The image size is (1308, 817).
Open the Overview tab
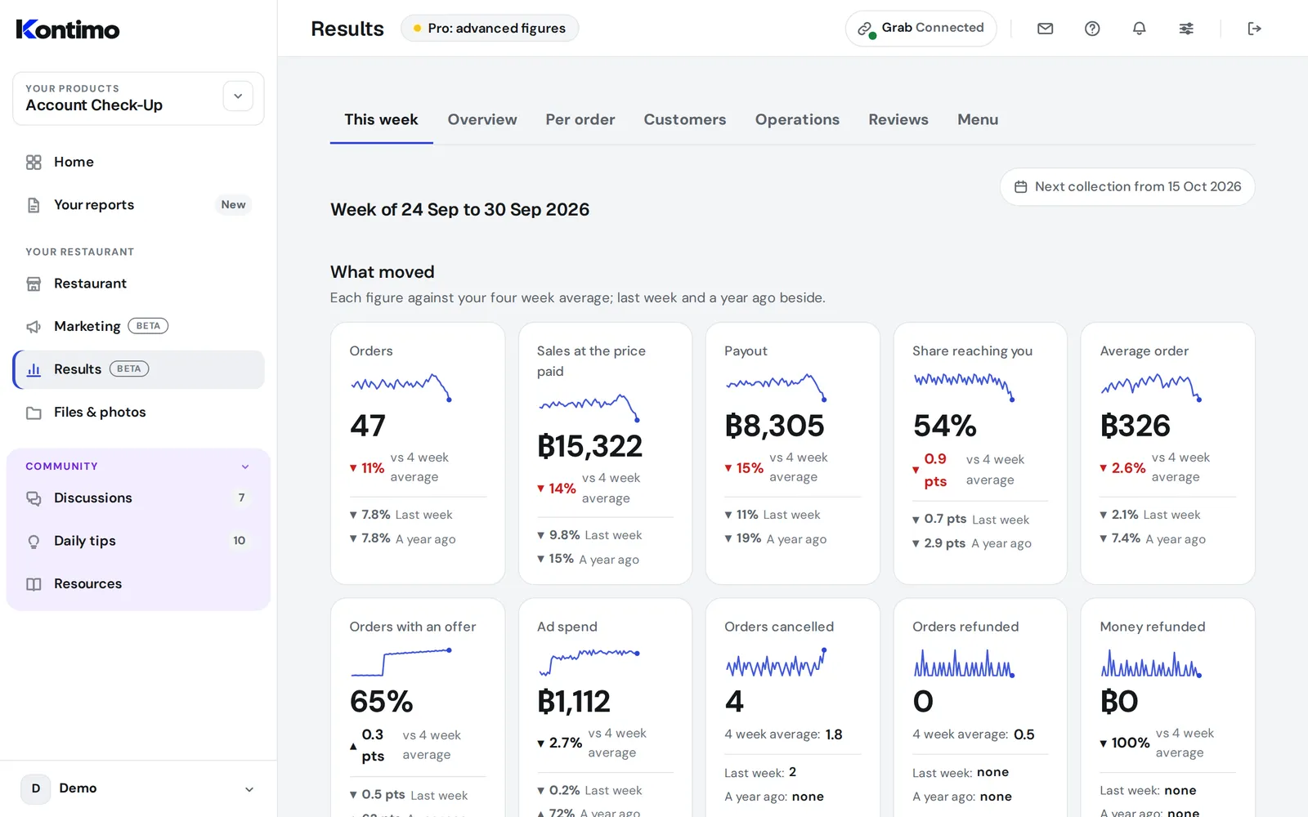point(482,119)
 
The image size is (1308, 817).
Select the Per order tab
point(580,119)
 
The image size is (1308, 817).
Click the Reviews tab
point(898,119)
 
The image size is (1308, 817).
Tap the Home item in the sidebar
point(74,162)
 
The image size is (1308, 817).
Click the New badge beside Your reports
point(233,204)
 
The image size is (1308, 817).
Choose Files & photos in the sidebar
point(100,412)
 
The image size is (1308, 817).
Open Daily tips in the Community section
point(85,540)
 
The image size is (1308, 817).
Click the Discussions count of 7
point(241,498)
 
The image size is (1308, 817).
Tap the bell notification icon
point(1139,28)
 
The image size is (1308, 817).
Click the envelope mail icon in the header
point(1045,28)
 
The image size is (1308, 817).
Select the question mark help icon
point(1092,28)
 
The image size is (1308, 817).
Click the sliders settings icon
point(1186,28)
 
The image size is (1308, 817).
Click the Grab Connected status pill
point(921,28)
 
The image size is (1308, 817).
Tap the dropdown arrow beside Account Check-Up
point(238,96)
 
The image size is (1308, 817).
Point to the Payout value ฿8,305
point(774,426)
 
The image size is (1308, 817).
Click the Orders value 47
point(367,426)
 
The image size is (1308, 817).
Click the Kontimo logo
point(68,29)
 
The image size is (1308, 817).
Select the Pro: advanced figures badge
point(490,28)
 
